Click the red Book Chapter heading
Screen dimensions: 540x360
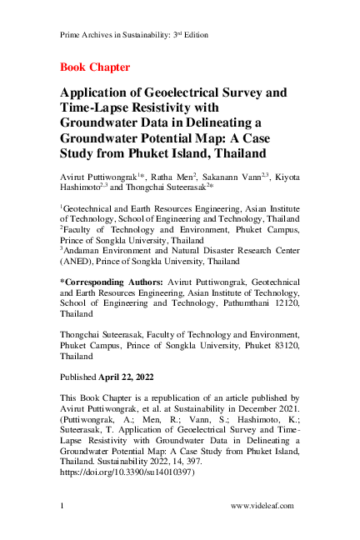coord(95,66)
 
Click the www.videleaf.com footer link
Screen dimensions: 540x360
coord(262,506)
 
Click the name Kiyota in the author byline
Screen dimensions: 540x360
coord(285,177)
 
